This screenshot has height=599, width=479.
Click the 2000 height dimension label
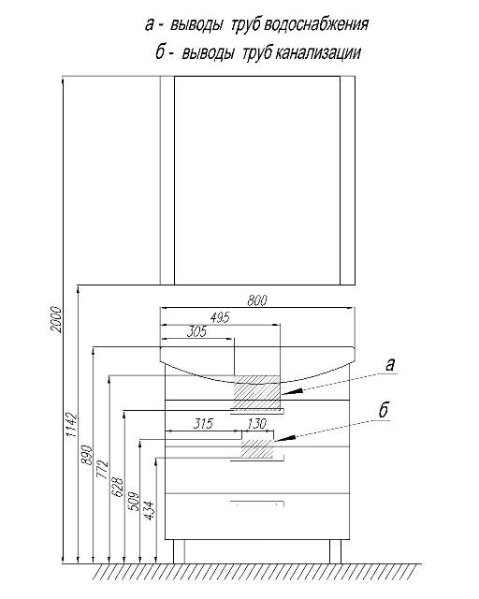[56, 319]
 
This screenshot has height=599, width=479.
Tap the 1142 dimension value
[72, 425]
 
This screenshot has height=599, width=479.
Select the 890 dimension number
[87, 455]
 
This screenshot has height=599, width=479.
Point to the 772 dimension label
[102, 470]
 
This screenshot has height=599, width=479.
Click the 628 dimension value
[118, 487]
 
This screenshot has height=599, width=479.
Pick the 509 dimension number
[133, 501]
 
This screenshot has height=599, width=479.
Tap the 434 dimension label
[149, 510]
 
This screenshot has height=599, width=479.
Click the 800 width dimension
[257, 300]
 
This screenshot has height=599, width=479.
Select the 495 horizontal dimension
[221, 317]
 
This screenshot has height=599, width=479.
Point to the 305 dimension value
[196, 331]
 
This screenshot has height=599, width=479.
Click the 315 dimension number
[203, 424]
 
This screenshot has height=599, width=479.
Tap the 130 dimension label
[257, 424]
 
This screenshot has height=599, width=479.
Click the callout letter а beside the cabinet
[389, 365]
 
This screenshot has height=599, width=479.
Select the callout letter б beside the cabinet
[384, 410]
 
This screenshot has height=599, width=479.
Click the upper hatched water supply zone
[257, 391]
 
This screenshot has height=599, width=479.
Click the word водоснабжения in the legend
[316, 25]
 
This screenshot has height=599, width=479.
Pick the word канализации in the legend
[318, 52]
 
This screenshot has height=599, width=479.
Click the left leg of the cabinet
[179, 551]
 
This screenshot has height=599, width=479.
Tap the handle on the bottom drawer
[257, 503]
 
